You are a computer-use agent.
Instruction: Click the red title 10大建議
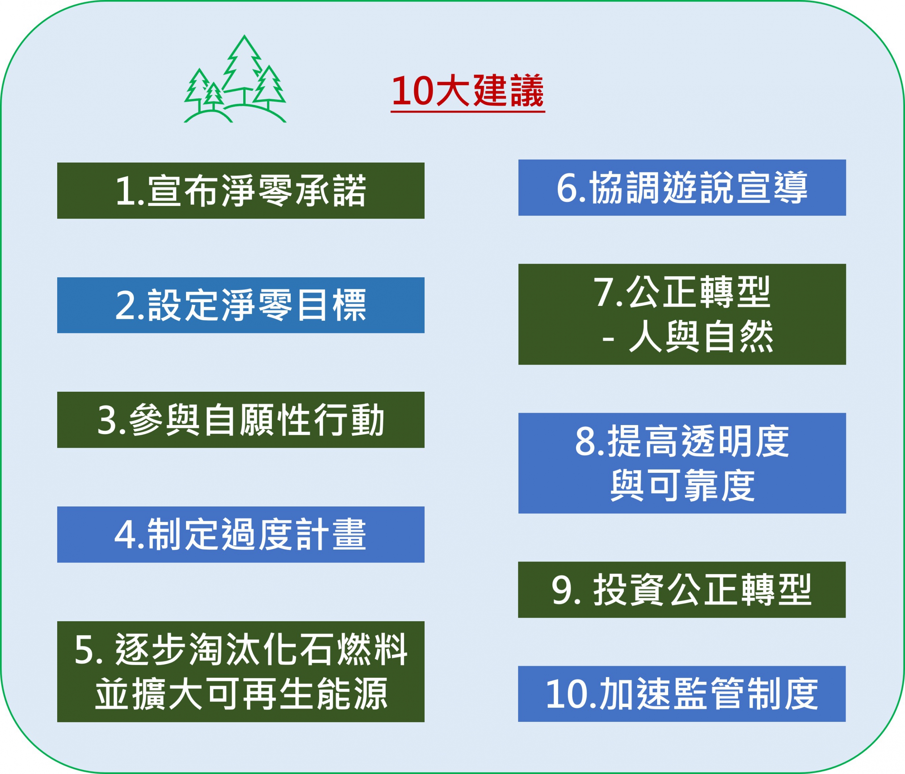coord(467,91)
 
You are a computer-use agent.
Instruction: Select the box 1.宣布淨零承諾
coord(241,190)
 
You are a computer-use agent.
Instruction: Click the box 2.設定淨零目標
coord(241,305)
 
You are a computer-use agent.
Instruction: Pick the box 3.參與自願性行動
coord(241,420)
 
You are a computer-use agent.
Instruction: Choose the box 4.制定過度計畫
coord(241,534)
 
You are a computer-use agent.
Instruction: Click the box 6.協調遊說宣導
coord(682,188)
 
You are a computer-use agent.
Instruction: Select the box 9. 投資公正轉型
coord(682,590)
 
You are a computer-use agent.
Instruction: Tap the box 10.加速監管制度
coord(682,694)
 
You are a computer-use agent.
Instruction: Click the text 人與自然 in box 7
coord(701,336)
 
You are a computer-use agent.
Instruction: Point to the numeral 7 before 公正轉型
coord(603,293)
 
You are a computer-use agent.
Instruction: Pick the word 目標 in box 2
coord(332,305)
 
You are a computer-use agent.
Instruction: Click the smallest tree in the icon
coord(214,95)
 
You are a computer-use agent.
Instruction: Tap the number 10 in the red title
coord(412,91)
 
